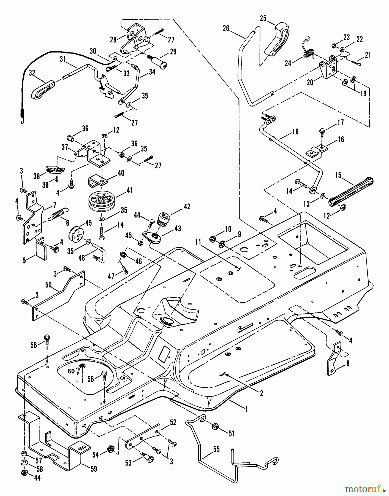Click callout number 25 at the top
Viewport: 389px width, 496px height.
click(x=263, y=18)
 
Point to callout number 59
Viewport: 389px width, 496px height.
click(x=94, y=469)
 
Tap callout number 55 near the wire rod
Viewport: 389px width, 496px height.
click(x=216, y=449)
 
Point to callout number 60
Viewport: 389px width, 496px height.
click(x=71, y=371)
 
